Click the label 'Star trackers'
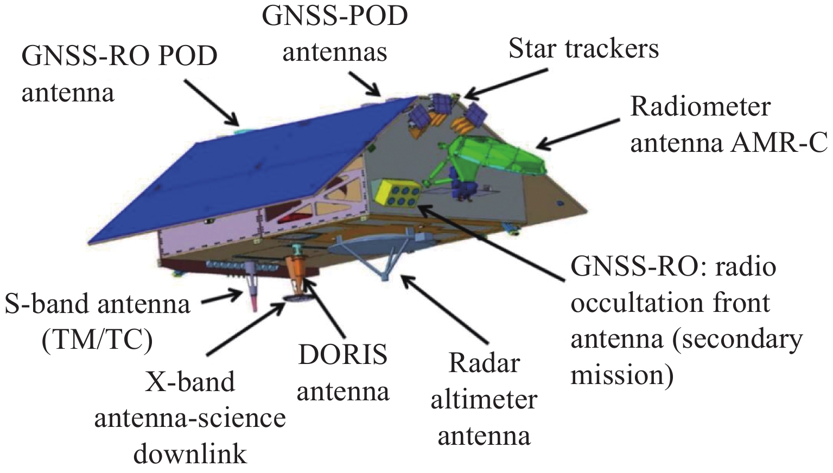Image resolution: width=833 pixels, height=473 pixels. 583,49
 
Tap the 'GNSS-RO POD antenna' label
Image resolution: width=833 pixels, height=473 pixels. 119,74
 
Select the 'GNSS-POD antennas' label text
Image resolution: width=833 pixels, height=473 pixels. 335,34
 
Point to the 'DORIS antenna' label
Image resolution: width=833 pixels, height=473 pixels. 343,373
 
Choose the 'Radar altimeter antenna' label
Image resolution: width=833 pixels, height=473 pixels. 484,400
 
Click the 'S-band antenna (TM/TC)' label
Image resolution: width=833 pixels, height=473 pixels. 98,322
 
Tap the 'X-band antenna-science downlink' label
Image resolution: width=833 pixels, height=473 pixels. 190,418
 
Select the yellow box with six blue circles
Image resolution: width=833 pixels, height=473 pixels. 398,194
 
